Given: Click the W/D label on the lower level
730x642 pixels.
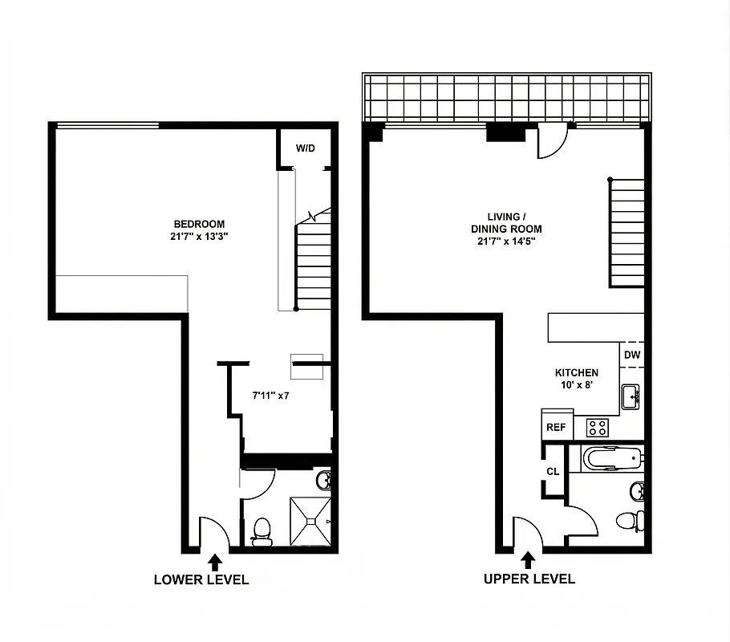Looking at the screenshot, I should point(305,148).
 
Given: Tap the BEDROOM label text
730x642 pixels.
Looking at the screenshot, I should point(199,230).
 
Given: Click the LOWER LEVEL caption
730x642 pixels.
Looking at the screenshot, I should point(201,579).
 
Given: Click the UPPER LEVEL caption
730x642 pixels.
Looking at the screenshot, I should point(529,579).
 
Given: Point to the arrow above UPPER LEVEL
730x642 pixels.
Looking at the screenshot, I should point(528,559).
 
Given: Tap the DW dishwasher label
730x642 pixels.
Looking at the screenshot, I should point(631,355).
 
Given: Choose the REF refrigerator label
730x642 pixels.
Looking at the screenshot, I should point(556,428).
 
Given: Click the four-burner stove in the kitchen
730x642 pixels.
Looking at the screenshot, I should point(597,427).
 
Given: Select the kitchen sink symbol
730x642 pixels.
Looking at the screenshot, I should point(632,396).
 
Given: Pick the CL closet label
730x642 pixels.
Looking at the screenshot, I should point(553,471).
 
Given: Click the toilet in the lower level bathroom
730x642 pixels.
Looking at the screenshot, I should point(262,531).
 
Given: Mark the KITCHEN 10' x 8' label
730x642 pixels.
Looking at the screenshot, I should point(577,379).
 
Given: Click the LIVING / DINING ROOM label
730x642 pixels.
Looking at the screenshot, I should point(506,229).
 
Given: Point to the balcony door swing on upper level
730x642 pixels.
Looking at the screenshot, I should point(553,141).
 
